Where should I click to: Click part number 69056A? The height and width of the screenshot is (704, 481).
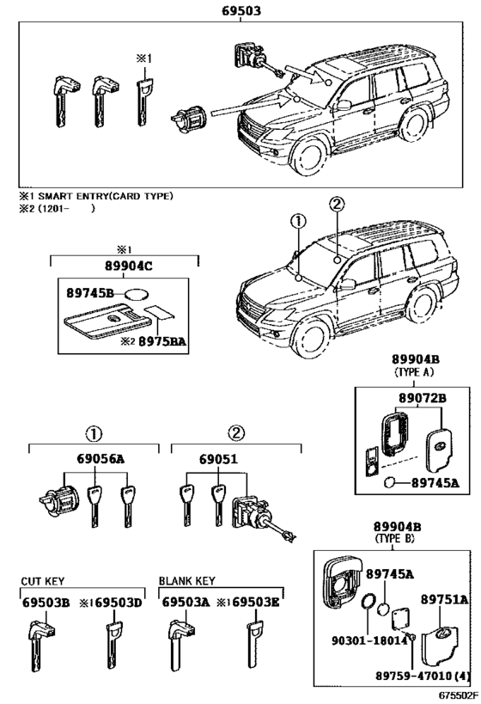click(x=96, y=460)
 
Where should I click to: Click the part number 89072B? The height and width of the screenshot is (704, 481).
click(x=422, y=398)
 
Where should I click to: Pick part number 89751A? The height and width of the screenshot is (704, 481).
click(x=444, y=599)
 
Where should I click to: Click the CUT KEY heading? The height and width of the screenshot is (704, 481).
click(x=43, y=582)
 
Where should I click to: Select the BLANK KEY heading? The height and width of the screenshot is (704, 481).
click(x=186, y=582)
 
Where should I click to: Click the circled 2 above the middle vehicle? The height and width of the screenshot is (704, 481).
click(x=336, y=205)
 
